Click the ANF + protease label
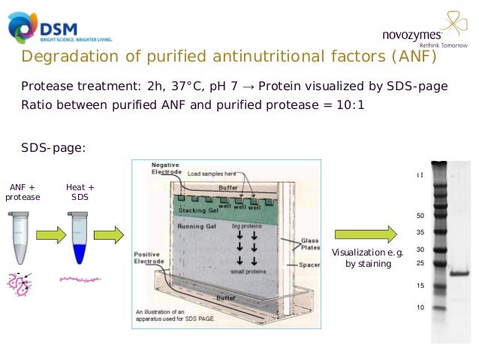tap(23, 192)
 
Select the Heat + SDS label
tap(80, 192)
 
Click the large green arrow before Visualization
tap(366, 235)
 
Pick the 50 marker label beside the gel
tap(420, 216)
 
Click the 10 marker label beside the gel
tap(420, 307)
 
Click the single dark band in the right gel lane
tap(458, 273)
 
